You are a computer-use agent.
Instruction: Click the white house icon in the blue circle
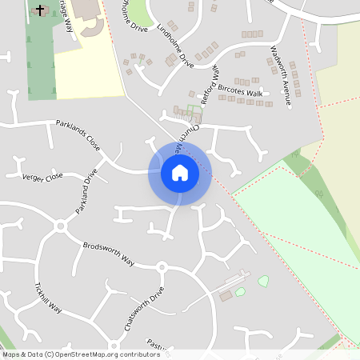pyautogui.click(x=179, y=172)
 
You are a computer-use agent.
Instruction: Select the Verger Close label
pyautogui.click(x=42, y=177)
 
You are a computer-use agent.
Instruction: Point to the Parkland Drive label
pyautogui.click(x=86, y=195)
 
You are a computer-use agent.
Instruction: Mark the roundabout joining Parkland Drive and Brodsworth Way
pyautogui.click(x=59, y=226)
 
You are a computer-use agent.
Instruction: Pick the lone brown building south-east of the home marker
pyautogui.click(x=226, y=296)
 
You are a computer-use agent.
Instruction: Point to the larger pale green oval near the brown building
pyautogui.click(x=263, y=282)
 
